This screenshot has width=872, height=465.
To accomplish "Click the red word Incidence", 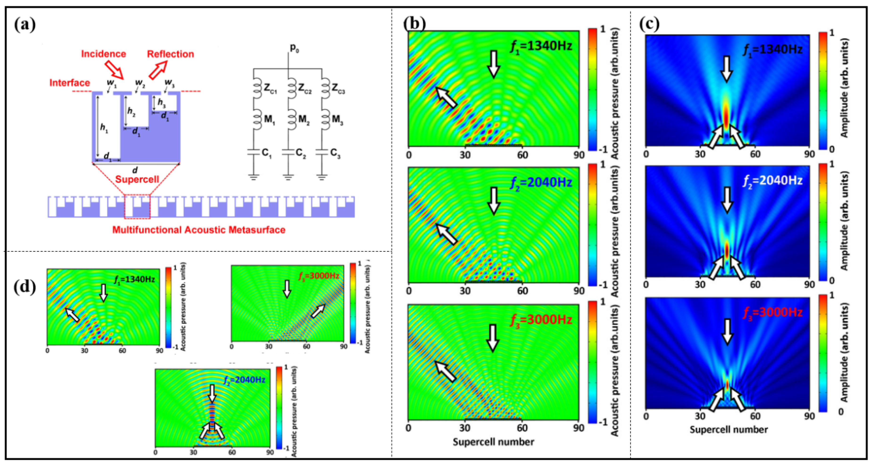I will (x=103, y=54).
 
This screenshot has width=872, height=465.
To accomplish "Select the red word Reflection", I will (x=170, y=54).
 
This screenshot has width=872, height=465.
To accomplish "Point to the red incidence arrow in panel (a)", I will (x=114, y=69).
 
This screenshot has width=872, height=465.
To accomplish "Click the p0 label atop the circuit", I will (x=294, y=48).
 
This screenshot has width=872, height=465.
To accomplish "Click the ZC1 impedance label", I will (x=270, y=89).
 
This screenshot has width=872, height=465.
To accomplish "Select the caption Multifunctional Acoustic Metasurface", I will (x=199, y=230).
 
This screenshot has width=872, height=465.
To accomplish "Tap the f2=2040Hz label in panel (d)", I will (x=244, y=379).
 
